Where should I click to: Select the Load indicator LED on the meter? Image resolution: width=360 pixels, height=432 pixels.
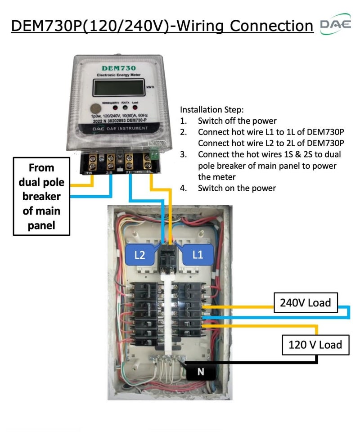click(x=134, y=108)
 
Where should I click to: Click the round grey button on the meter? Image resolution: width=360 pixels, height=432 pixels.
click(x=96, y=108)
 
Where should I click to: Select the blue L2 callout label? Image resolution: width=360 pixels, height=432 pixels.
click(x=140, y=255)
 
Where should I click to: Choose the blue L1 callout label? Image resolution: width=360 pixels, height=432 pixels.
click(x=198, y=255)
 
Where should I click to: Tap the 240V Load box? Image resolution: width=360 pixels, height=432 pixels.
click(x=305, y=302)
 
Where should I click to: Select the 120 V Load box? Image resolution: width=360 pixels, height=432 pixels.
click(x=315, y=345)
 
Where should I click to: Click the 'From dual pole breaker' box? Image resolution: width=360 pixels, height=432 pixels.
click(x=41, y=196)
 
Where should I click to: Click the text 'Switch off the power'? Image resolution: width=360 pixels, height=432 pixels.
click(x=237, y=121)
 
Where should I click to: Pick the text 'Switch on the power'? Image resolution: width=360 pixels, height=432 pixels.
click(x=237, y=188)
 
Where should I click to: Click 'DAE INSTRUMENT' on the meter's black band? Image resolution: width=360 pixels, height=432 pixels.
click(x=117, y=129)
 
